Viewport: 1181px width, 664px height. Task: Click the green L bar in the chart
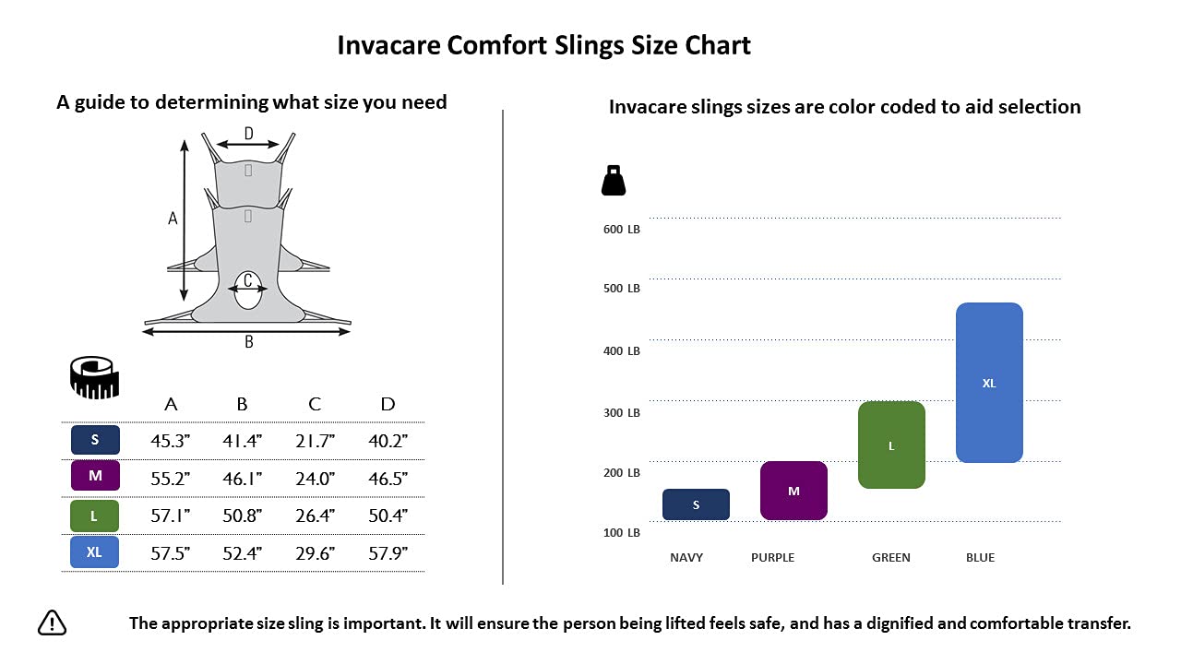(891, 445)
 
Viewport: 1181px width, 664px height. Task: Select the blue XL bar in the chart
(989, 382)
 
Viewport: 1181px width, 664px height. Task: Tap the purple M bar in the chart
(793, 490)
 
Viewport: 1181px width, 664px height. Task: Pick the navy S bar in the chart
(696, 504)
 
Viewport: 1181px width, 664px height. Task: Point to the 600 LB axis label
(622, 230)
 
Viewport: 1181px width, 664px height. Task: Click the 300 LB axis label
(622, 412)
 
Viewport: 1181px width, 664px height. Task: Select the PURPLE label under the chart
(772, 557)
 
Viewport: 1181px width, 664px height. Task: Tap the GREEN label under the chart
(891, 557)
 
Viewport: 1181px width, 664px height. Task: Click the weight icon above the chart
(614, 181)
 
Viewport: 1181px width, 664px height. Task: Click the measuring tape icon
(95, 378)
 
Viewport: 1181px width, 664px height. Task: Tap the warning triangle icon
(53, 623)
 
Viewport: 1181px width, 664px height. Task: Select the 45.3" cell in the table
(170, 441)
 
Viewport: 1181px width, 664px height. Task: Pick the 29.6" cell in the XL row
(315, 553)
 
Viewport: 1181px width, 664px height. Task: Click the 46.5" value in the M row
(388, 479)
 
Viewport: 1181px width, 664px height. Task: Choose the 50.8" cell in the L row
(242, 516)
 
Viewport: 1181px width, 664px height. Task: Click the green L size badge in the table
(94, 516)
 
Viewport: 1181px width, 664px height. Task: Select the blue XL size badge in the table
(94, 552)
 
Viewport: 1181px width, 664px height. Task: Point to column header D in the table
(388, 404)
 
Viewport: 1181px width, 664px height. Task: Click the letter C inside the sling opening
(248, 280)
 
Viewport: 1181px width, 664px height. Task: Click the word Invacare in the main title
(388, 45)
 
